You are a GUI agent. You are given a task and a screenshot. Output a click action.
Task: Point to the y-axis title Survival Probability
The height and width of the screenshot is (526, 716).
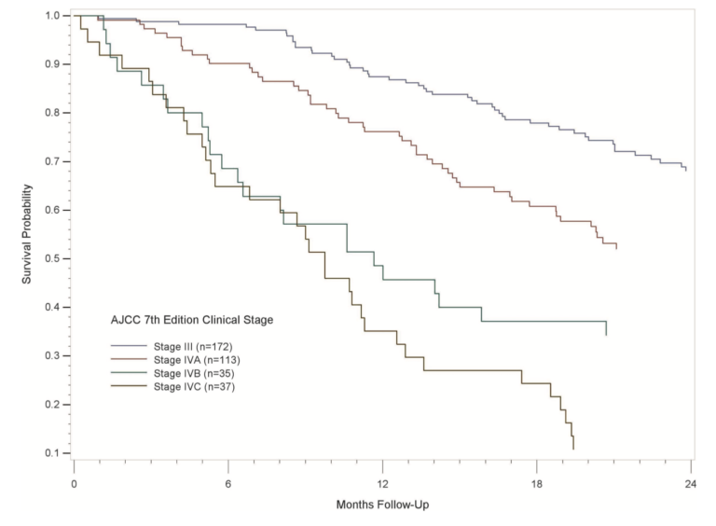point(29,233)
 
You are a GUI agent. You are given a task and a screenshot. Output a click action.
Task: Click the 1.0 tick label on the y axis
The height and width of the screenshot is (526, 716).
point(53,16)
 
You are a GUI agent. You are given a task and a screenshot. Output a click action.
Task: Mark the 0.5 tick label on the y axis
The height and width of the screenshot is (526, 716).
point(53,258)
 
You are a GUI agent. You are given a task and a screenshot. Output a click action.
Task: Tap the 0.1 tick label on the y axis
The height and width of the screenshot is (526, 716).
point(53,453)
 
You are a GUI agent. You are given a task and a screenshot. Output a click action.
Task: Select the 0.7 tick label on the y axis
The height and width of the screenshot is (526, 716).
point(53,161)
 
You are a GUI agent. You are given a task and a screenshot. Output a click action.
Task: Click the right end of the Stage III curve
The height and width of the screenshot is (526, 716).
point(686,170)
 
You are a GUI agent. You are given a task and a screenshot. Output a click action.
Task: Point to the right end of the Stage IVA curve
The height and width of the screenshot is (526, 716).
point(616,247)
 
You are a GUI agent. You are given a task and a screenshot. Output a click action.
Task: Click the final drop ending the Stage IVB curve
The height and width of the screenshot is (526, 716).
point(606,328)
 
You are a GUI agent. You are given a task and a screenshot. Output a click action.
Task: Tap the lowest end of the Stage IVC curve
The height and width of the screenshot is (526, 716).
point(573,449)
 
